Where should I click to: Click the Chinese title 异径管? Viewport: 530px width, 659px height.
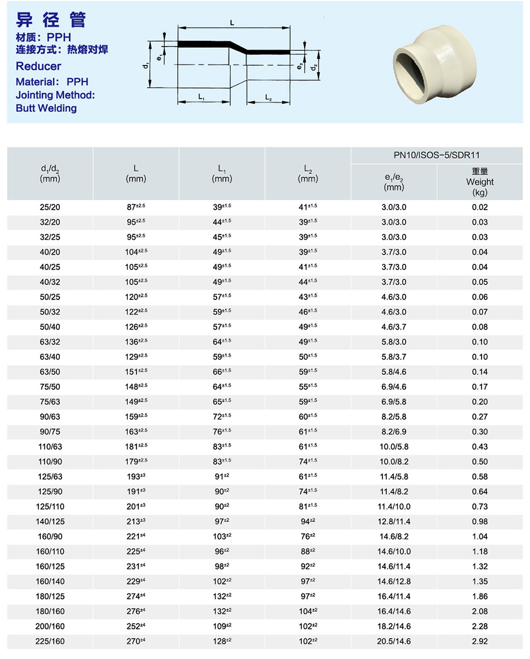click(x=51, y=20)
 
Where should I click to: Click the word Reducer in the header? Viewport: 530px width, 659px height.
click(x=39, y=66)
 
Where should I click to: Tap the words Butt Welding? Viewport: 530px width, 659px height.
click(x=46, y=108)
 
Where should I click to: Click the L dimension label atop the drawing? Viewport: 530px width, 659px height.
click(x=232, y=22)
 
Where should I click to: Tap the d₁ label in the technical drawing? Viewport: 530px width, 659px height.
click(x=147, y=65)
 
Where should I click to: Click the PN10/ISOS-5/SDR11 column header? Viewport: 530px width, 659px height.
click(x=437, y=155)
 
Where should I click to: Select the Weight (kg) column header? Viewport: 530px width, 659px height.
click(x=480, y=182)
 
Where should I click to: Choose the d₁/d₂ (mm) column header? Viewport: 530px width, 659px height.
click(x=50, y=173)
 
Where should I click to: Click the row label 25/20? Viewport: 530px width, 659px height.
click(x=50, y=207)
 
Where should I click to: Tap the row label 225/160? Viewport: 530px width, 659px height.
click(x=50, y=641)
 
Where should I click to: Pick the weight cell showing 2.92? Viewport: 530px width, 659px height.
click(x=479, y=641)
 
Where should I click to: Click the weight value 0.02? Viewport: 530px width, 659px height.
click(x=479, y=207)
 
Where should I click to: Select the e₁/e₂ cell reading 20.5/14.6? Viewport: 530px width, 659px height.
click(x=394, y=641)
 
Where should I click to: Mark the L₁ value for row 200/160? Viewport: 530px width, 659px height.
click(x=222, y=626)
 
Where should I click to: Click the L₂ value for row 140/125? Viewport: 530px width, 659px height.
click(x=308, y=521)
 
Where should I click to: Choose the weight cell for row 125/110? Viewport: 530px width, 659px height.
click(x=479, y=506)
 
